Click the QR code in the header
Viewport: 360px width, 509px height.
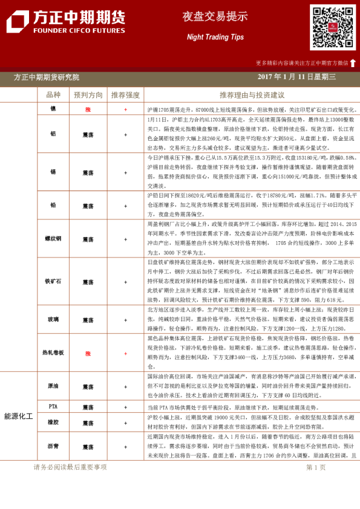(332, 28)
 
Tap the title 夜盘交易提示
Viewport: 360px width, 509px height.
(215, 17)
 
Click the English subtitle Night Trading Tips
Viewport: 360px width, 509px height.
(215, 37)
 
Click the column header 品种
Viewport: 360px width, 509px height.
(53, 95)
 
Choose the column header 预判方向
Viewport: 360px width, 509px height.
(88, 95)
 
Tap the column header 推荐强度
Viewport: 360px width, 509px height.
(125, 95)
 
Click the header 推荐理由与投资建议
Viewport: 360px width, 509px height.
(252, 95)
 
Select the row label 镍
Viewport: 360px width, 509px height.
(53, 109)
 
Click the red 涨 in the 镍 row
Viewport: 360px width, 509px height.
(88, 109)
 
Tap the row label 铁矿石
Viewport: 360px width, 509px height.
(53, 282)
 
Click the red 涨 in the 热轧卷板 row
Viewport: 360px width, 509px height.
(88, 354)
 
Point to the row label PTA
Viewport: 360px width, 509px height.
(53, 407)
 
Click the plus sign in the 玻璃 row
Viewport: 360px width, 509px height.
(125, 319)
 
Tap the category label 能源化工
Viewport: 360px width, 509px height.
(18, 417)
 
